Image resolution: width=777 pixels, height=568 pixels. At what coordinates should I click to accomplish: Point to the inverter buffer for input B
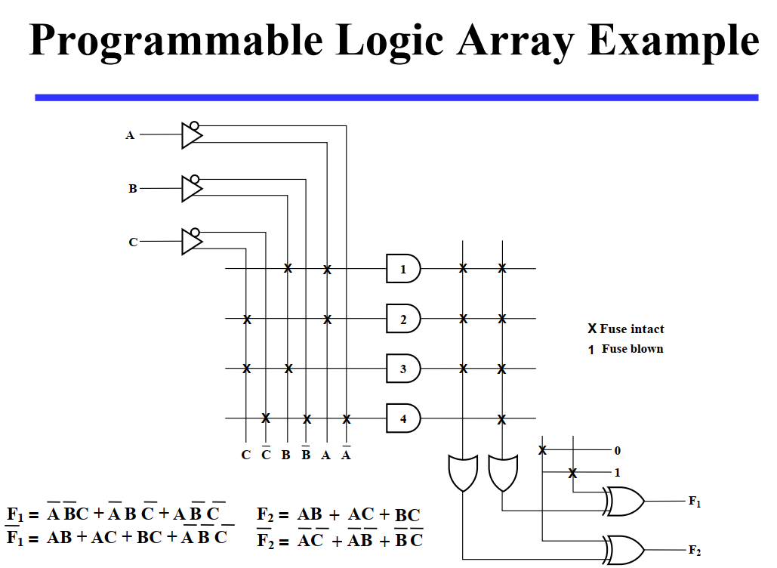tap(192, 188)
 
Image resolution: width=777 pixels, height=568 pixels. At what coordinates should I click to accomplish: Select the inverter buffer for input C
tap(192, 242)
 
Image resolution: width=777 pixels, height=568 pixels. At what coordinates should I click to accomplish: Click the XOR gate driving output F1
tap(623, 501)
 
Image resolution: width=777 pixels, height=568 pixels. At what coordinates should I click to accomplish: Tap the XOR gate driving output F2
tap(623, 550)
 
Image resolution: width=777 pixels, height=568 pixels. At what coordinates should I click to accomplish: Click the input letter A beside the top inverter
tap(130, 135)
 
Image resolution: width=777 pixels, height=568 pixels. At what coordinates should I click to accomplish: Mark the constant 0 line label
tap(617, 450)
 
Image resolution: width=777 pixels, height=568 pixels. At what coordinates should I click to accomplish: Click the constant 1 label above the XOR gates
tap(617, 474)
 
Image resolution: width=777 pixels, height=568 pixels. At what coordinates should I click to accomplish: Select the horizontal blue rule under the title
tap(396, 97)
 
